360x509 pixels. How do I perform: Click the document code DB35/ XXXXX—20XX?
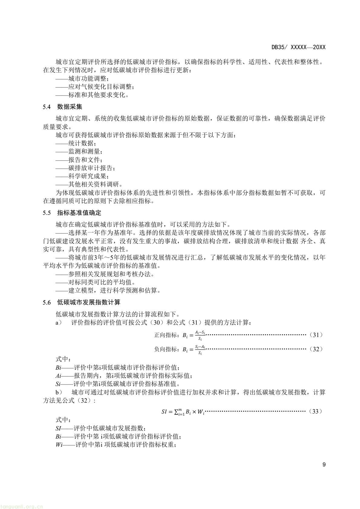coord(298,47)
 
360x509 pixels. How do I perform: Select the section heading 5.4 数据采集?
coord(62,107)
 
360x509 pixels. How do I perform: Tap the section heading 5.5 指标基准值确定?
coord(72,213)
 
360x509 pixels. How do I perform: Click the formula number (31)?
coord(316,335)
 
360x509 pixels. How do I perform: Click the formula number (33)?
coord(316,411)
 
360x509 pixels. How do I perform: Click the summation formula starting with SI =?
coord(183,412)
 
